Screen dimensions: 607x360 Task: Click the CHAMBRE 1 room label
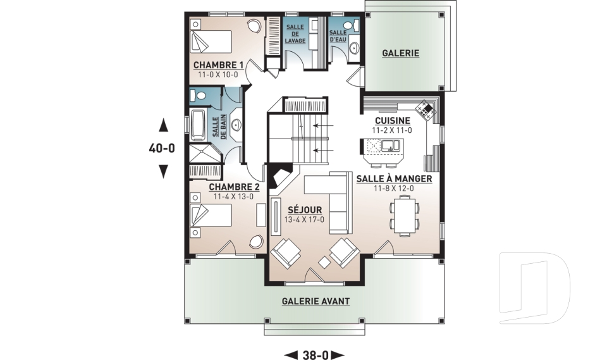coord(218,65)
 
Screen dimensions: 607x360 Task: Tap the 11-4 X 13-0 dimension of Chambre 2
coord(233,197)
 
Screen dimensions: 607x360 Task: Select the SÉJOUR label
coord(305,210)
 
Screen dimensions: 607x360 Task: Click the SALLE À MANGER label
coord(394,178)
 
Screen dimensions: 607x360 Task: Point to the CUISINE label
coord(393,121)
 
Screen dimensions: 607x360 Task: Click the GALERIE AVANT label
coord(316,301)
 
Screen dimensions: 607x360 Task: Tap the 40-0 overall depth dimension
coord(162,148)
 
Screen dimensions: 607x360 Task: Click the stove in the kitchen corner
coord(426,109)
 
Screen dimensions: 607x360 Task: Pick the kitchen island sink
coord(391,146)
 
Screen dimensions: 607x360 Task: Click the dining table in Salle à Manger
coord(405,216)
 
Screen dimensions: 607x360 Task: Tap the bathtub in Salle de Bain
coord(198,125)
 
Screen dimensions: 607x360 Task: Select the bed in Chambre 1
coord(211,41)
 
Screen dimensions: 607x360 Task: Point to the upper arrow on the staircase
coord(323,125)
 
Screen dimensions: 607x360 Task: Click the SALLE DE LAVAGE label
coord(295,34)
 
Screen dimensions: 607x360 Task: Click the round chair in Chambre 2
coord(256,242)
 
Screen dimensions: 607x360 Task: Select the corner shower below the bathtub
coord(204,154)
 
